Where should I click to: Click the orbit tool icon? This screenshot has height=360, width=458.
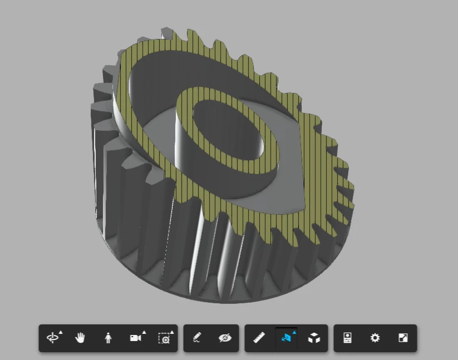coord(52,338)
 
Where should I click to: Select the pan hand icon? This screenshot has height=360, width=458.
coord(80,338)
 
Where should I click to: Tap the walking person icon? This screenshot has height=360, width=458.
coord(108,338)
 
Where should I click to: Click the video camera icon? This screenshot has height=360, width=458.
coord(135,338)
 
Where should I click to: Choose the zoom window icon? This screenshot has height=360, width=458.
coord(164,338)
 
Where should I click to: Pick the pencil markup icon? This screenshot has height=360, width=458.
coord(197,338)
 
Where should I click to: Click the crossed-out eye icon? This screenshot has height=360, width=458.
coord(225,338)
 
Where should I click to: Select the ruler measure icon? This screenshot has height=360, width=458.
coord(258,338)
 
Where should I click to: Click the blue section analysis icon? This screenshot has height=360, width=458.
coord(286,338)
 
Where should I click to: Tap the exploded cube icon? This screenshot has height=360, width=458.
coord(314,338)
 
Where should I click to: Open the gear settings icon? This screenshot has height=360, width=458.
coord(375,338)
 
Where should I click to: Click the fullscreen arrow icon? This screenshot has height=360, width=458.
coord(403,338)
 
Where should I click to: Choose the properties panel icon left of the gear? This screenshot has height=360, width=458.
coord(347,338)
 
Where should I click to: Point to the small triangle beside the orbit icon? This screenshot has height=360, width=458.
coord(61,332)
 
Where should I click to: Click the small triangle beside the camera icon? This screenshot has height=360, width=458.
coord(144,332)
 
